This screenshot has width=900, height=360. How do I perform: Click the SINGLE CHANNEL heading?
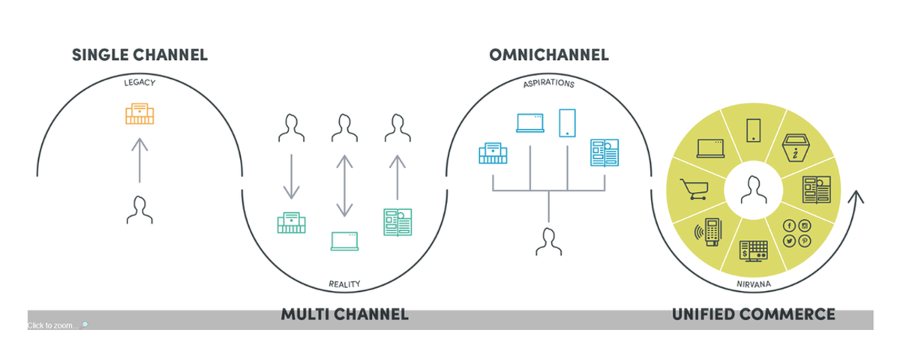[x=139, y=55]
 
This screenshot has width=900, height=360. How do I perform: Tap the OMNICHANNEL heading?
[x=549, y=55]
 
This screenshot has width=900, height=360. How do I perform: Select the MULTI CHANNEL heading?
[x=344, y=314]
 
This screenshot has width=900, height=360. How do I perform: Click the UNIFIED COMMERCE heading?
[x=753, y=314]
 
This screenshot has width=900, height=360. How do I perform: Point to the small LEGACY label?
[x=139, y=82]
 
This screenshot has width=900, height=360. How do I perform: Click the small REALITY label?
[x=344, y=284]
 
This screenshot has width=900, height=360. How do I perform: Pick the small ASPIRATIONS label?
[x=548, y=84]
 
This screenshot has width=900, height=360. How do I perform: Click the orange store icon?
[x=139, y=113]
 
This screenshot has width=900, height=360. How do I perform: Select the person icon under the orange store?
[x=139, y=210]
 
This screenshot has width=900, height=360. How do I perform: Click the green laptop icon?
[x=344, y=241]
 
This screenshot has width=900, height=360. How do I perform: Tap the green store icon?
[x=291, y=223]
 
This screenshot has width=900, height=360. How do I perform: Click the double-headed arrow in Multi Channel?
[x=344, y=184]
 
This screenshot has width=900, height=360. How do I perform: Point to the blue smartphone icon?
[x=567, y=123]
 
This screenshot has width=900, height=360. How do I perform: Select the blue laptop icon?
[x=531, y=123]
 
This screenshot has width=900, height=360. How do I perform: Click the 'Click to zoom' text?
[x=52, y=325]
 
